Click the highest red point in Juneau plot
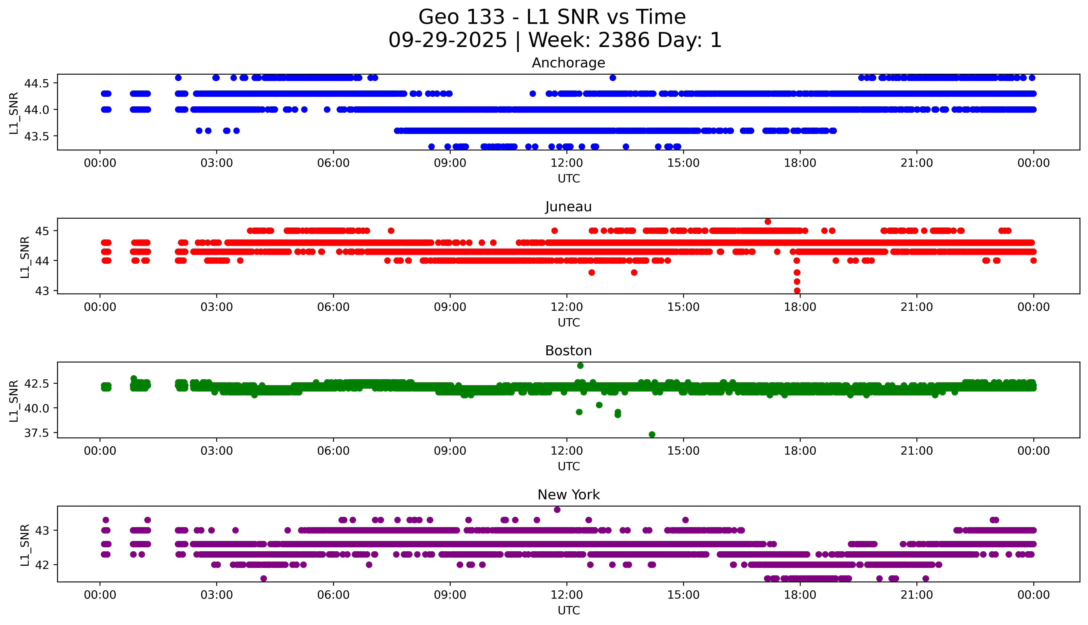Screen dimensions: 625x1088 (x=768, y=222)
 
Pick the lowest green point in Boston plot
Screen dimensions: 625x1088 (x=652, y=434)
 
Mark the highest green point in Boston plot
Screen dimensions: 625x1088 (x=580, y=366)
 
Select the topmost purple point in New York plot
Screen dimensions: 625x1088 (x=557, y=510)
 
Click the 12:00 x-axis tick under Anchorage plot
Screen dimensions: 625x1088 (x=567, y=163)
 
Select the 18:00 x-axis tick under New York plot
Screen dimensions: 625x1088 (x=800, y=595)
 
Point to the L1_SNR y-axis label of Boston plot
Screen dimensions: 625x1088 (x=14, y=401)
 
